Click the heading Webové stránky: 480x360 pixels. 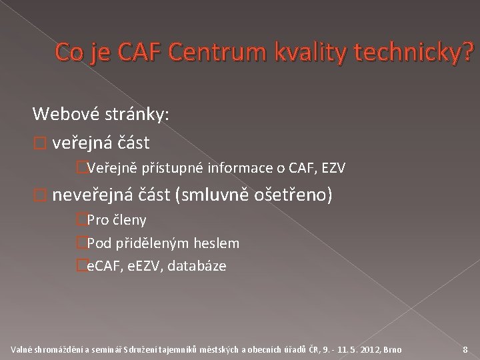click(102, 115)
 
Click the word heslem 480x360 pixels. click(215, 243)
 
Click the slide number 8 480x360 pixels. click(465, 349)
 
